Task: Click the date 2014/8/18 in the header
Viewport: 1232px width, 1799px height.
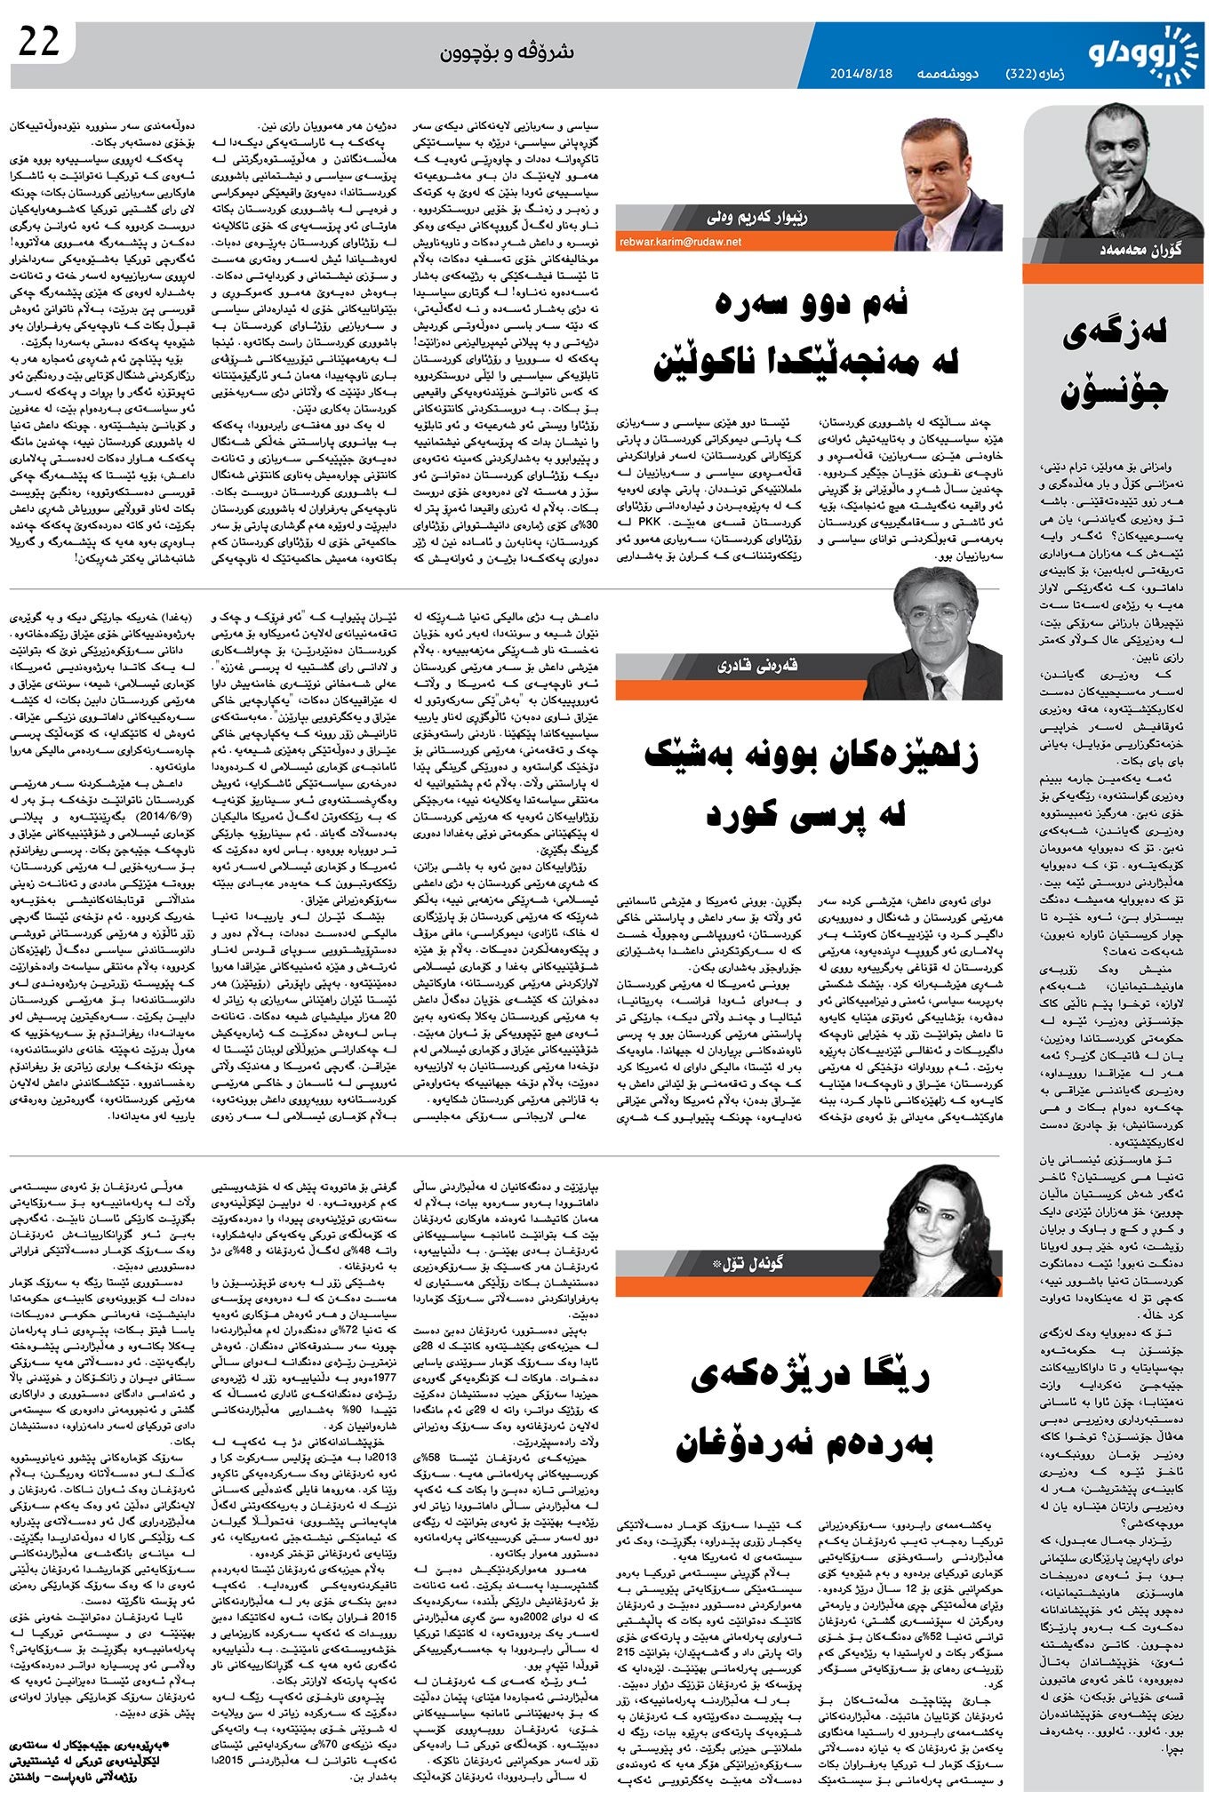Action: (x=860, y=74)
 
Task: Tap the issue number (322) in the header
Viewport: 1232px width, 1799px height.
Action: (x=1029, y=74)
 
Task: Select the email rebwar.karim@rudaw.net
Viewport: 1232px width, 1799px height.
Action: (x=681, y=241)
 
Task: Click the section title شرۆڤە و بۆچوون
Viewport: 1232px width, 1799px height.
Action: (x=507, y=53)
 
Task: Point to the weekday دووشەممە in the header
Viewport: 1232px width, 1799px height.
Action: (x=948, y=74)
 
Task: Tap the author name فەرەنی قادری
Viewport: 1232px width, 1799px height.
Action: (x=757, y=666)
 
